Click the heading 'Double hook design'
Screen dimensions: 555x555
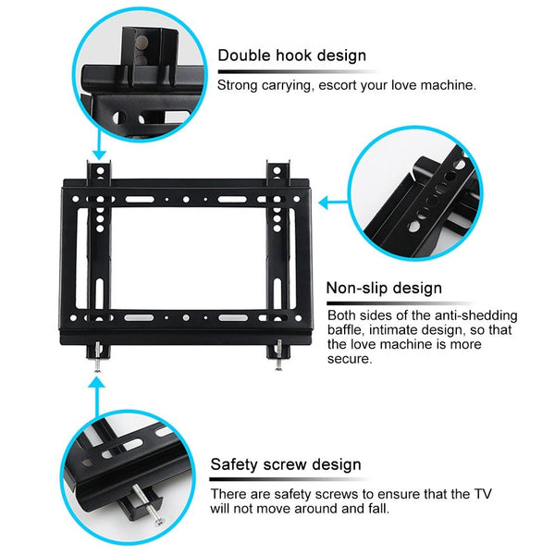(x=291, y=55)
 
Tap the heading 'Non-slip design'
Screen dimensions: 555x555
(x=384, y=288)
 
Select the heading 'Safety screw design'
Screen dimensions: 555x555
(x=286, y=464)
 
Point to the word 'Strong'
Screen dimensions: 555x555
(x=238, y=85)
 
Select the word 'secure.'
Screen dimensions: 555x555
(x=351, y=360)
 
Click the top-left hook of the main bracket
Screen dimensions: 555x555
(x=99, y=172)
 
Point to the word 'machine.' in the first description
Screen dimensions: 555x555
(x=448, y=85)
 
